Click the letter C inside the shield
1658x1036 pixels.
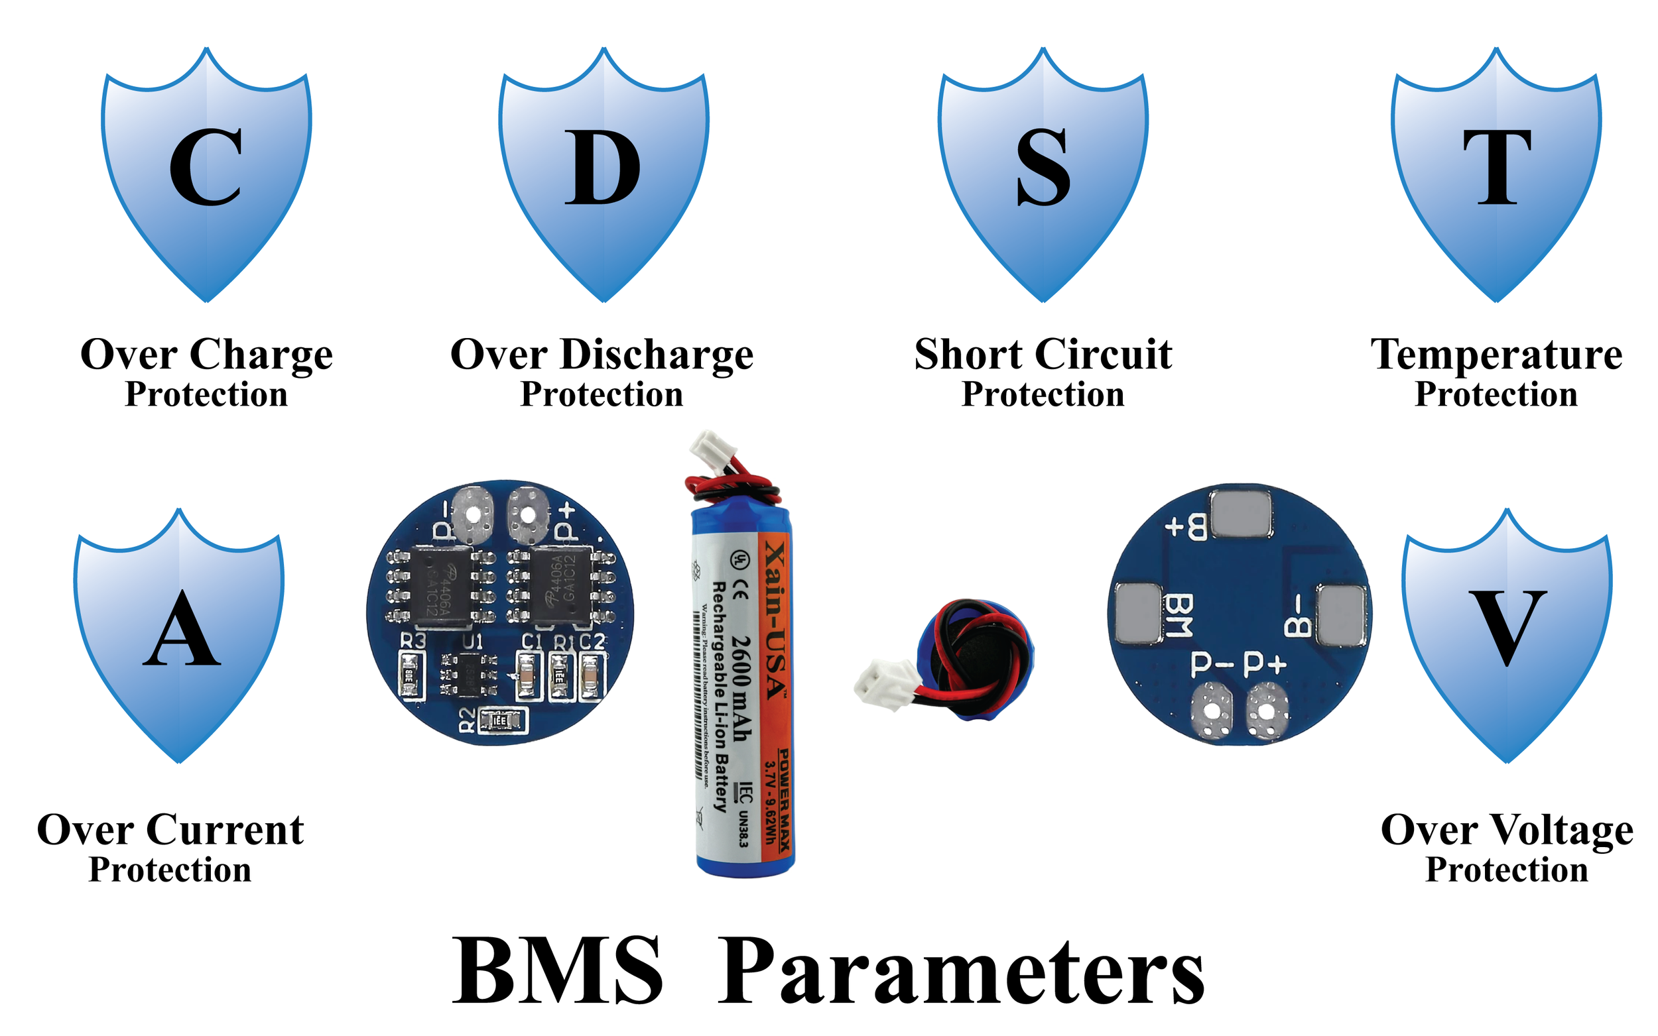206,168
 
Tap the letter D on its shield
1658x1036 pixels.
602,168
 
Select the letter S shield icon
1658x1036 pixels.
1043,168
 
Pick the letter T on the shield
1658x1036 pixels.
1497,168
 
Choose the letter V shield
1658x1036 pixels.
1507,628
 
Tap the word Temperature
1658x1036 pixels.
1496,355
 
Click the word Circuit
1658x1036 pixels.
1103,355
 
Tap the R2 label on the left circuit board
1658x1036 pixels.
467,720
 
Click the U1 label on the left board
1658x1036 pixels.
472,642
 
